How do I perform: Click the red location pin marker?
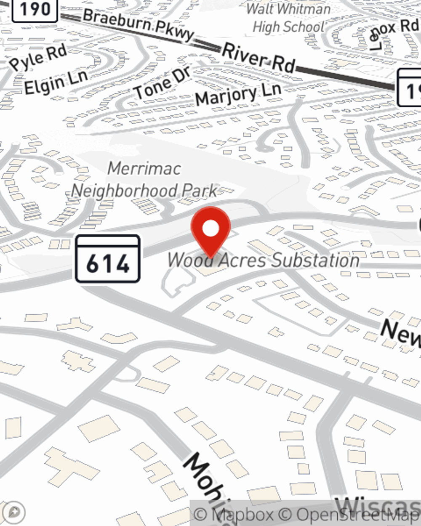click(210, 231)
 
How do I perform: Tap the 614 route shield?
click(108, 259)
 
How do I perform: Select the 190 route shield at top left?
click(35, 9)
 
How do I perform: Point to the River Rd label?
click(258, 58)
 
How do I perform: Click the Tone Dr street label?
click(162, 83)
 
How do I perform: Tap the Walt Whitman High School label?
click(289, 19)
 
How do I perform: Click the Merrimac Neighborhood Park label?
click(144, 180)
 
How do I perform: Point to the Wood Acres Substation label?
click(264, 260)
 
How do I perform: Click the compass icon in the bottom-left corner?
click(13, 512)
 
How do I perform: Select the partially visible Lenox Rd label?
click(394, 34)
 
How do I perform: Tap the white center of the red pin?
click(210, 228)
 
